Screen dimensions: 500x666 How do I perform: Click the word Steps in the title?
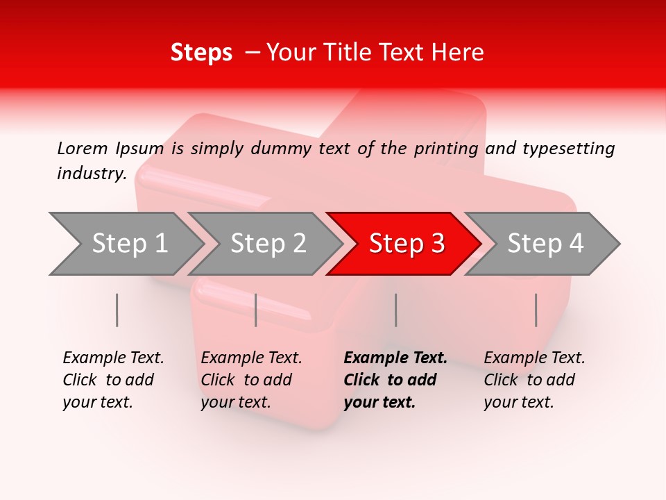[201, 53]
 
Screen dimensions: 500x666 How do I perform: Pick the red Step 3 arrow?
[405, 244]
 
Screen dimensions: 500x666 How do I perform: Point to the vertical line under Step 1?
[117, 310]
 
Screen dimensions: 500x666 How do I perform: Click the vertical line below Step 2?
[256, 310]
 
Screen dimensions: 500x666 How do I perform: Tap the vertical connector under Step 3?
[395, 310]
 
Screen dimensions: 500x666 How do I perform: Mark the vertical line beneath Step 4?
[536, 310]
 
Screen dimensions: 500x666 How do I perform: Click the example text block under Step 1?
[112, 380]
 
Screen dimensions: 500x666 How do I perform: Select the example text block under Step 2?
[250, 380]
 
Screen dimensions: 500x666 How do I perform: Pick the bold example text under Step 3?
[395, 380]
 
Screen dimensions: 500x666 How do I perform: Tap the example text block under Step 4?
[533, 380]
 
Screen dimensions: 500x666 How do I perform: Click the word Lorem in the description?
[82, 148]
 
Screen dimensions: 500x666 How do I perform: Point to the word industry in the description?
[91, 173]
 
